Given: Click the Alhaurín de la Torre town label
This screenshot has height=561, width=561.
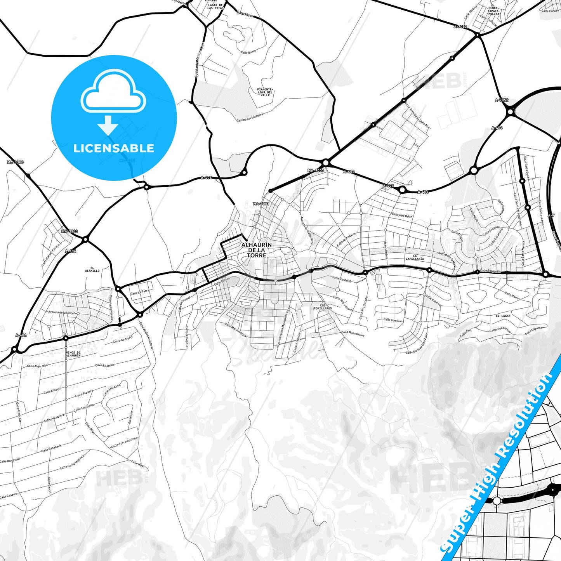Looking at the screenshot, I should (x=257, y=250).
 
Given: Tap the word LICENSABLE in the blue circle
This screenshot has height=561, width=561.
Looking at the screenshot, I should (x=114, y=148).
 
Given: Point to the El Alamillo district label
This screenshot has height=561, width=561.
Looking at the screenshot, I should (x=92, y=269).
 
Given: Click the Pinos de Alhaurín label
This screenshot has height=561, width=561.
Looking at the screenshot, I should (x=73, y=354).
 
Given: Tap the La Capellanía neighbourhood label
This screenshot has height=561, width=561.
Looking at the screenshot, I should (x=415, y=257).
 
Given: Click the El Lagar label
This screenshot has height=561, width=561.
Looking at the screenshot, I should (x=503, y=316).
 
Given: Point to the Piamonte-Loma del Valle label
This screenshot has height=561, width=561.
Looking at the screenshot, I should (x=265, y=92).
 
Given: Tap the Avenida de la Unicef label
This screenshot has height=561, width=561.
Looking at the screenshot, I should (x=61, y=313).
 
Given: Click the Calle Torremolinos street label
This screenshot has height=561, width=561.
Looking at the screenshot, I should (x=124, y=442).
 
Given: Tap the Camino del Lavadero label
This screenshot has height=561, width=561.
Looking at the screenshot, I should (x=250, y=117).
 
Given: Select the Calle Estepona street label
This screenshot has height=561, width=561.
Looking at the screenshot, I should (x=105, y=365).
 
